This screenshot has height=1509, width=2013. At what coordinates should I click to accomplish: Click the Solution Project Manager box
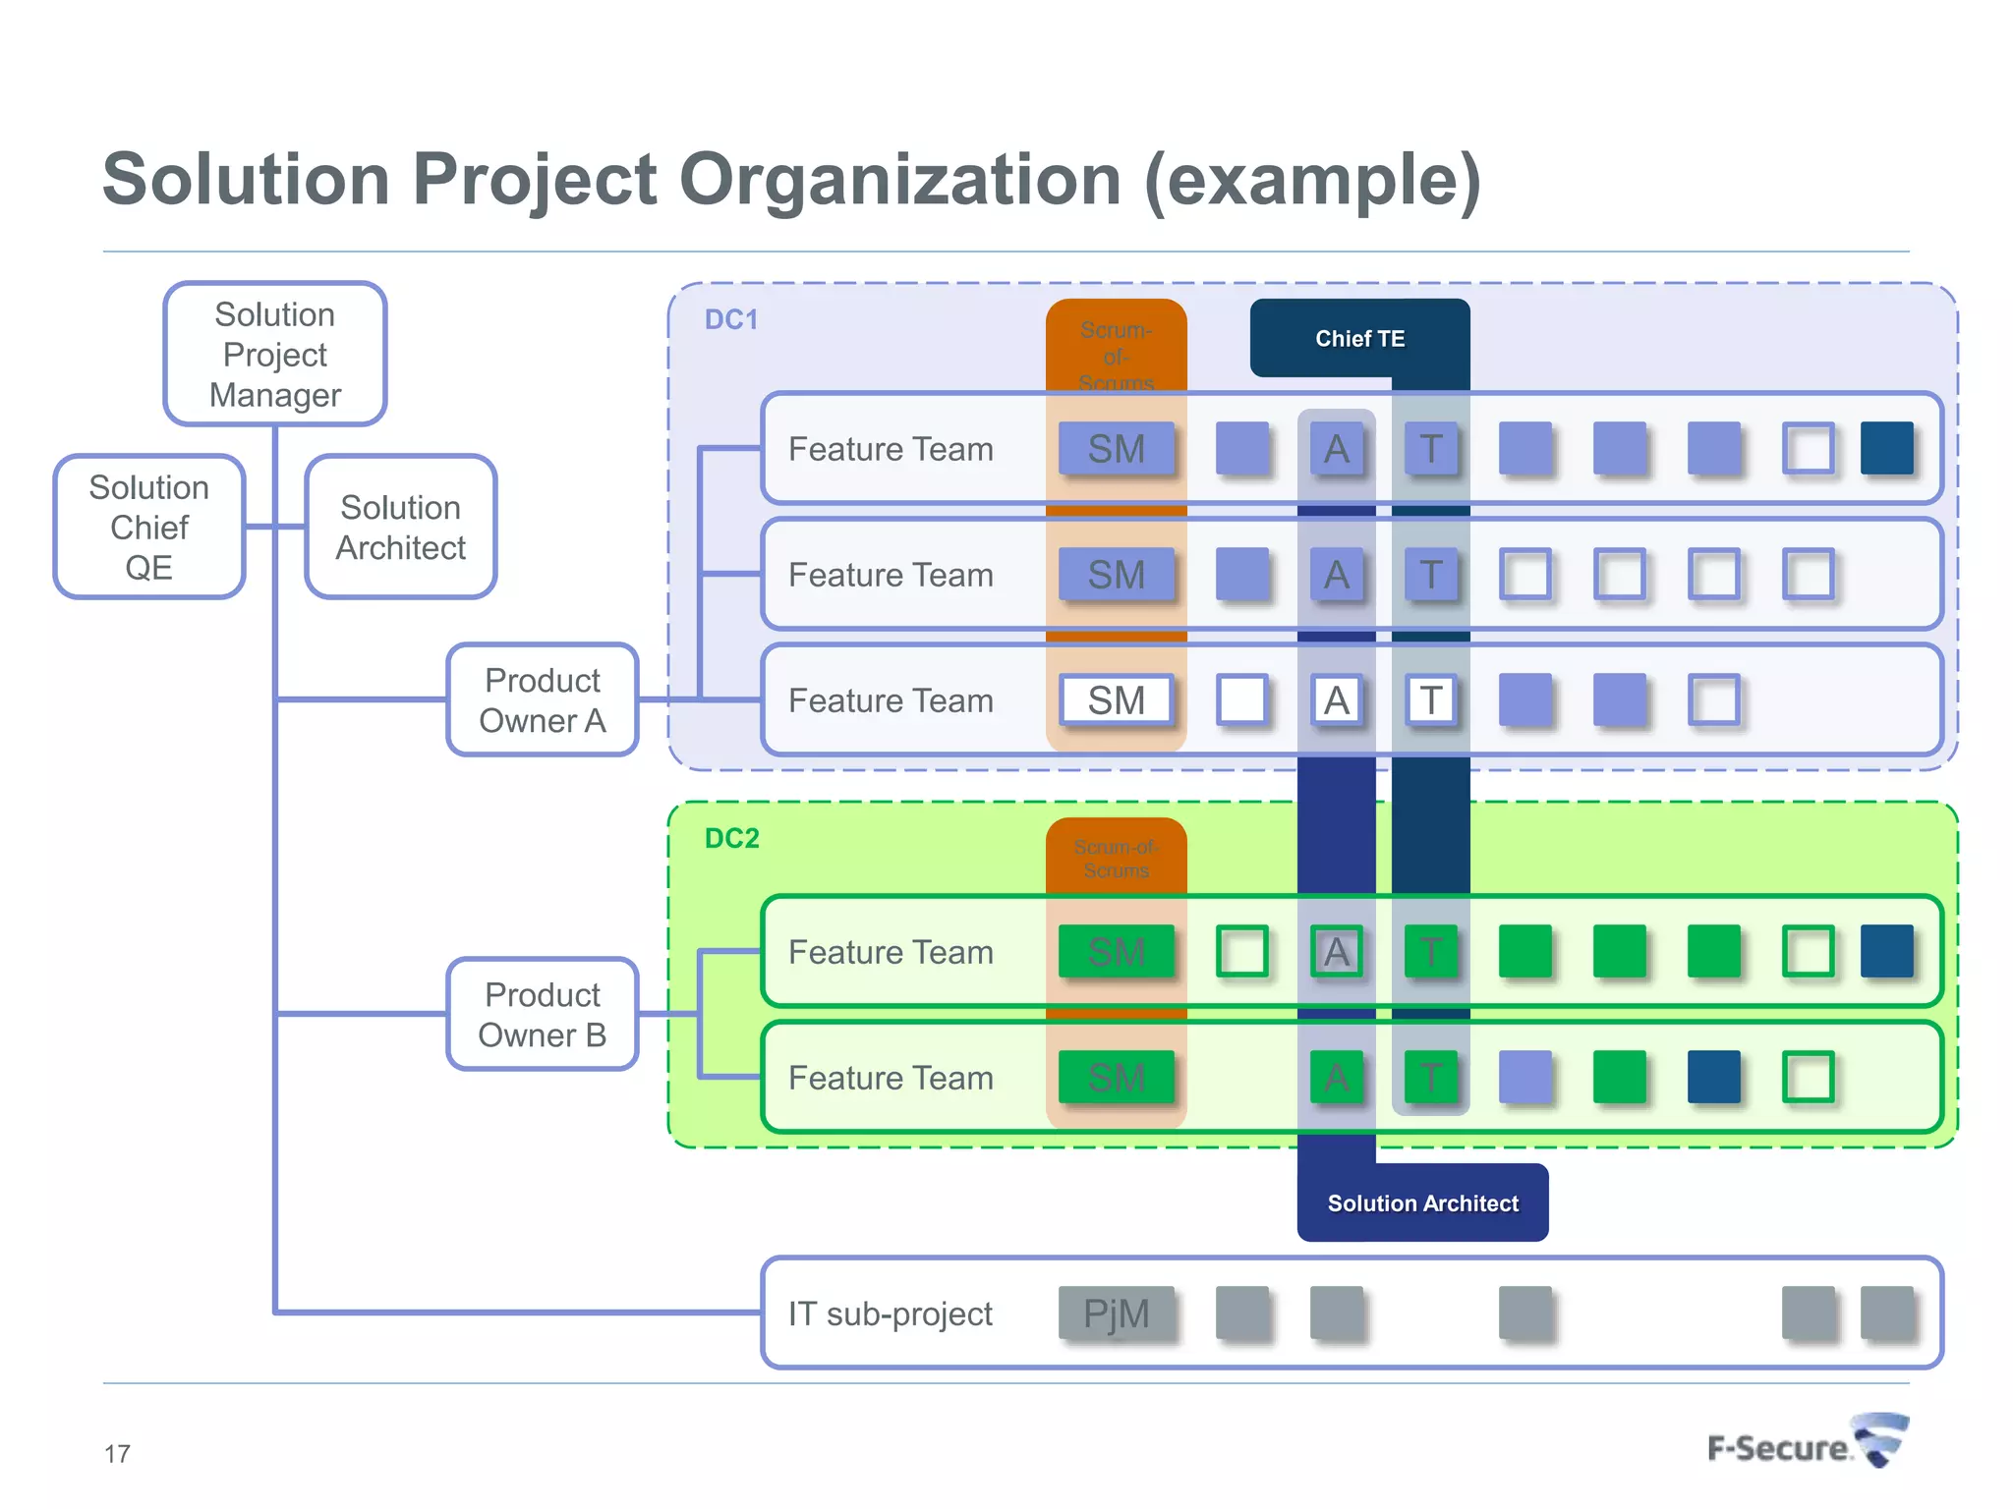pos(275,355)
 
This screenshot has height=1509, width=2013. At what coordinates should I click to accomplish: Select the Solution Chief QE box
pos(149,528)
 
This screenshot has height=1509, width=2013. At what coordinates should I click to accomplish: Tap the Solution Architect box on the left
pos(401,528)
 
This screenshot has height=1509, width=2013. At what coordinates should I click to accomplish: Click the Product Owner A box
pos(543,700)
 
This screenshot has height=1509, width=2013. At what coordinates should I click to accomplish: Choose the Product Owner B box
pos(543,1015)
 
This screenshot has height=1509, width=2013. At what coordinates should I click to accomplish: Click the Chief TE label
pos(1359,339)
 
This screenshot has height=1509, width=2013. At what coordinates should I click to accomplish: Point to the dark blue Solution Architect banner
pos(1422,1203)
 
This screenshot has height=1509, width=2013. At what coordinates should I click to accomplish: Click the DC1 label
pos(731,320)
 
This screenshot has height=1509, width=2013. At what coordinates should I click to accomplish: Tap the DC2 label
pos(732,838)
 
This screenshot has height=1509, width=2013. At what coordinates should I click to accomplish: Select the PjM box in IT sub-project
pos(1117,1313)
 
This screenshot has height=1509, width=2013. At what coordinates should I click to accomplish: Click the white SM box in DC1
pos(1117,700)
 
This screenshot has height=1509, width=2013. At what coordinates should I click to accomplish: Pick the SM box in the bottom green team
pos(1117,1078)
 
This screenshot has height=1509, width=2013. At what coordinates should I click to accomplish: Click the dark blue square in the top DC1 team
pos(1886,449)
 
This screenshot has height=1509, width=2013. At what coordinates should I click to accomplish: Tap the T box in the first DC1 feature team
pos(1431,449)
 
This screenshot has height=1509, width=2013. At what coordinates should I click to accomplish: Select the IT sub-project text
pos(891,1313)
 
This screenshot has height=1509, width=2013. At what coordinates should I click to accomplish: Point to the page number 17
pos(117,1454)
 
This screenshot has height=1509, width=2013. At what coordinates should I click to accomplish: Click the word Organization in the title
pos(899,180)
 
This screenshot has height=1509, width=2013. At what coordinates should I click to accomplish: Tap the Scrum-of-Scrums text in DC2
pos(1117,859)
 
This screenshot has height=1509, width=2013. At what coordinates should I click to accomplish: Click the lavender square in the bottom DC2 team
pos(1524,1078)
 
